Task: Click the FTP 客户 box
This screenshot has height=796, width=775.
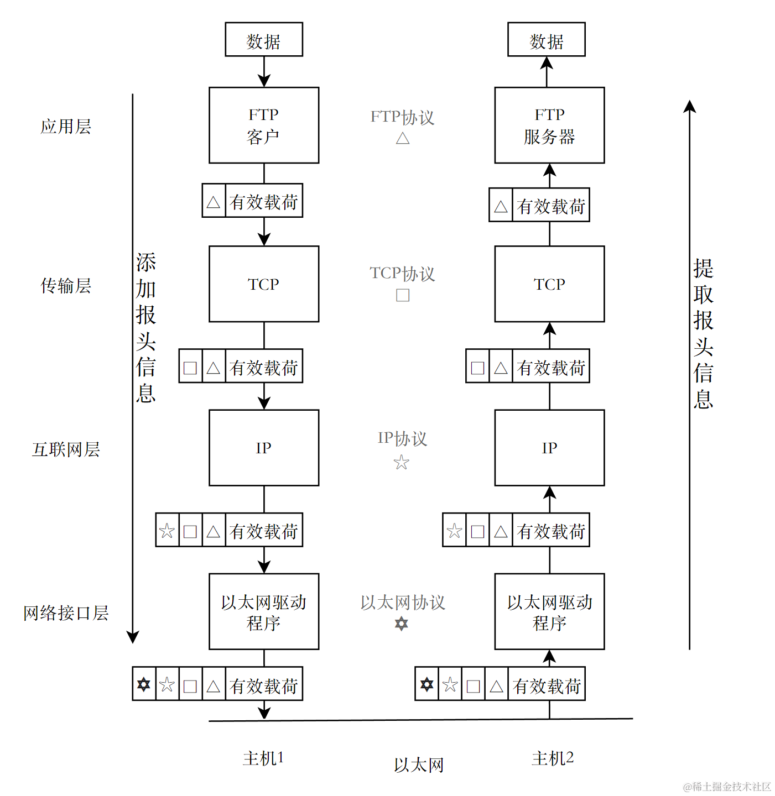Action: [x=264, y=125]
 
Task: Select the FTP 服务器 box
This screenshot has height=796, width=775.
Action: [x=549, y=125]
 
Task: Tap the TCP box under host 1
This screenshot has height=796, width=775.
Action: [x=264, y=284]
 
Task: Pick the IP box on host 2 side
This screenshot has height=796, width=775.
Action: [x=549, y=447]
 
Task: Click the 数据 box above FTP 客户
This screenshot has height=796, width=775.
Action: [x=264, y=40]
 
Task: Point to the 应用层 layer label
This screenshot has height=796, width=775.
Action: [x=66, y=127]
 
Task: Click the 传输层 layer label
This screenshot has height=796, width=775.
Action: [x=66, y=286]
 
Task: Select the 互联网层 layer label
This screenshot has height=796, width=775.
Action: [x=66, y=449]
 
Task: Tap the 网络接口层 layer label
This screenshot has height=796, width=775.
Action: [x=66, y=613]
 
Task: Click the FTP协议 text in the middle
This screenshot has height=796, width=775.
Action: [x=402, y=117]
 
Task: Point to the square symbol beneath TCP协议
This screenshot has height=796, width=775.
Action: [x=403, y=295]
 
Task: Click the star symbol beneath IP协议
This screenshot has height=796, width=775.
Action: [x=402, y=462]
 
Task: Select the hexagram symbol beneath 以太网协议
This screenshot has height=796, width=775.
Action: [x=402, y=624]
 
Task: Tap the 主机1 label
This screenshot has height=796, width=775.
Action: [x=263, y=758]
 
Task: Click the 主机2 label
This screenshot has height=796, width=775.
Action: [x=553, y=758]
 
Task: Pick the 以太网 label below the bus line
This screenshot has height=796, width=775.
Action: [x=419, y=765]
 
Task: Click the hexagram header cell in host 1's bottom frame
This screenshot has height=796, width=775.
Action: [x=144, y=684]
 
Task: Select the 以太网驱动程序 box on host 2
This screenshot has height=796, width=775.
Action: [x=549, y=611]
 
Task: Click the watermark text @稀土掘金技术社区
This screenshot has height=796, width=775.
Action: [x=727, y=787]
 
